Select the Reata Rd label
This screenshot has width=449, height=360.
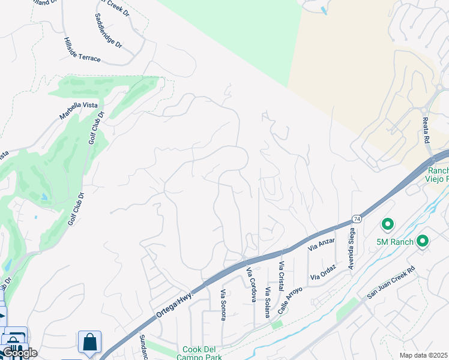[x=426, y=131]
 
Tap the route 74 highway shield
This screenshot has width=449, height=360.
[x=357, y=219]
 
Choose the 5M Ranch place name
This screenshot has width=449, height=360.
[x=394, y=241]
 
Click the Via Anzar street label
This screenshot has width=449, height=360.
[x=321, y=244]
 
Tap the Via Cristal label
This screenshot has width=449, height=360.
[x=280, y=275]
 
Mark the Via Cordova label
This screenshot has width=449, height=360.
[x=252, y=285]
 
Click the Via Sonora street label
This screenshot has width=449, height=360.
[x=223, y=305]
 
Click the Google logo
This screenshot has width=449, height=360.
[x=19, y=352]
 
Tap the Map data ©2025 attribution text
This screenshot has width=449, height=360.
[x=423, y=355]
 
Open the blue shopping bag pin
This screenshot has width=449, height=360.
[x=89, y=342]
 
